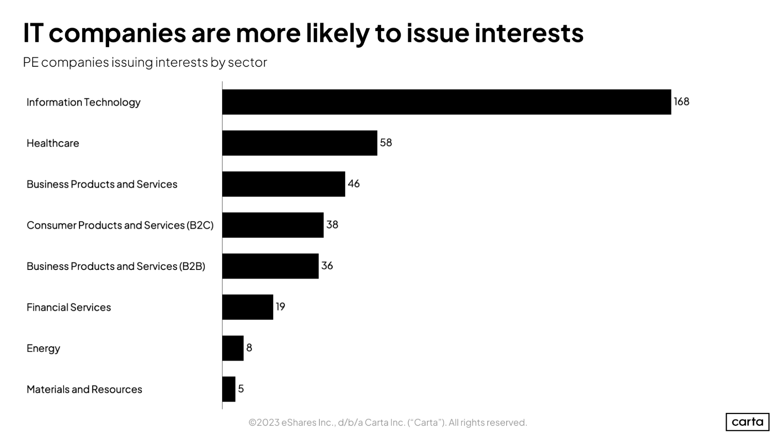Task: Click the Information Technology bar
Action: [x=446, y=102]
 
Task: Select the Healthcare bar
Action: [x=299, y=143]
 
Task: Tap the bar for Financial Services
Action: [x=248, y=307]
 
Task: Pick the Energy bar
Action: [x=233, y=348]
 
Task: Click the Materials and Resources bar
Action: [x=229, y=389]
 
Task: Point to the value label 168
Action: [x=681, y=102]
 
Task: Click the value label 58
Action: [x=386, y=143]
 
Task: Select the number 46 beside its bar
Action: [x=353, y=184]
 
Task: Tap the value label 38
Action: [x=332, y=225]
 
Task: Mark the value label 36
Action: [x=327, y=266]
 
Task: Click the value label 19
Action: [x=280, y=307]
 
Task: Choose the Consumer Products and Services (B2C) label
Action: [x=120, y=225]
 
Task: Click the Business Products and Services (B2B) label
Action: [x=116, y=266]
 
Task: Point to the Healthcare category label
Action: [x=53, y=143]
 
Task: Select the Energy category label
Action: [x=43, y=348]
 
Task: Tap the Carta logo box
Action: [x=747, y=422]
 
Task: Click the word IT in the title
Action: [x=33, y=33]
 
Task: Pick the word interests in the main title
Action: [x=529, y=33]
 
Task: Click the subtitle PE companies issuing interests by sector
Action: [x=145, y=63]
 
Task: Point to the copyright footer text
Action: [x=387, y=423]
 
